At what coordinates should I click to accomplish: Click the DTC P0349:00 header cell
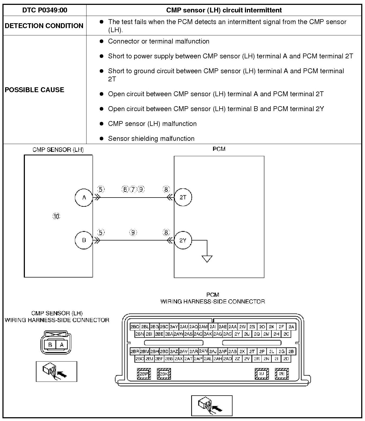(45, 10)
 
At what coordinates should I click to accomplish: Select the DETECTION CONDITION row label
(44, 26)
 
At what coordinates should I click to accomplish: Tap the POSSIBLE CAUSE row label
(35, 90)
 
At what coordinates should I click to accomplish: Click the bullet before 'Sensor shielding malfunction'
(102, 139)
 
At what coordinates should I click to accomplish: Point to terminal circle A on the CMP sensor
(84, 198)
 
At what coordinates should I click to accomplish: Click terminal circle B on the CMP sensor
(84, 240)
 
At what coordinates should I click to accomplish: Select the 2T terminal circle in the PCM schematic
(183, 197)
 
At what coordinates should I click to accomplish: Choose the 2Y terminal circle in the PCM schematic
(183, 240)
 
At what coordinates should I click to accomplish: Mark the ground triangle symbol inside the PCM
(207, 259)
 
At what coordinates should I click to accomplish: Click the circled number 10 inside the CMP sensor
(56, 216)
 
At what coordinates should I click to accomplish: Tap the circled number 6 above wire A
(125, 189)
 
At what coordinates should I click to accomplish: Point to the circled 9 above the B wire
(133, 232)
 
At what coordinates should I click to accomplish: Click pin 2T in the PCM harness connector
(252, 352)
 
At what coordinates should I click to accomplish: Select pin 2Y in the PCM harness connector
(237, 334)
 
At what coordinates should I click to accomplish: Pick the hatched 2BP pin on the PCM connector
(144, 374)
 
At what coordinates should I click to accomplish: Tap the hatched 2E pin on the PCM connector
(282, 374)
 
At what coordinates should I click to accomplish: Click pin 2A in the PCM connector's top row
(291, 327)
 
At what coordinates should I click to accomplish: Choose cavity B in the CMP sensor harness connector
(50, 345)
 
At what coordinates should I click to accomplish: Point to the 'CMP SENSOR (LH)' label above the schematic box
(58, 150)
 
